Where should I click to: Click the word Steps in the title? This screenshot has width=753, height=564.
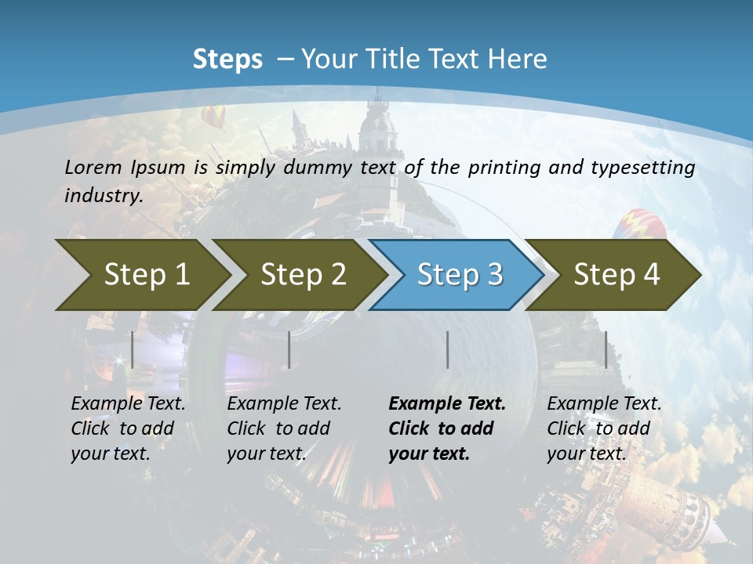point(227,60)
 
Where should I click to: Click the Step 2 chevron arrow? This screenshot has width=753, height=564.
point(302,275)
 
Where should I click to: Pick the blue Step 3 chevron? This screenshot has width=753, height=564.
point(459,275)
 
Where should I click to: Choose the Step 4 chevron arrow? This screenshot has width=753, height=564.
point(616,275)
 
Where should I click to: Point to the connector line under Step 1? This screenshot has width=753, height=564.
point(133,349)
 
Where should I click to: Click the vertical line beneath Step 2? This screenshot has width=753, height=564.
point(289,349)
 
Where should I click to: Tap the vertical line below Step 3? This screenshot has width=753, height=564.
point(448,349)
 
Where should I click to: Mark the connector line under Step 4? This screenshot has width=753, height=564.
point(606,349)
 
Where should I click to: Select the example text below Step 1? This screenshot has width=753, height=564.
point(128,428)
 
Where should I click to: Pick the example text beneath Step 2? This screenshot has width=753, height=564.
point(284,428)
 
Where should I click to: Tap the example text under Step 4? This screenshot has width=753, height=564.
point(604,428)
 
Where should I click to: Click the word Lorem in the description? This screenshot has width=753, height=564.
point(93,168)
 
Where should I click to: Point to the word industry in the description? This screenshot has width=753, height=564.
point(104,196)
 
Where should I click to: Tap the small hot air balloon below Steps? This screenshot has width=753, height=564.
point(213,117)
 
